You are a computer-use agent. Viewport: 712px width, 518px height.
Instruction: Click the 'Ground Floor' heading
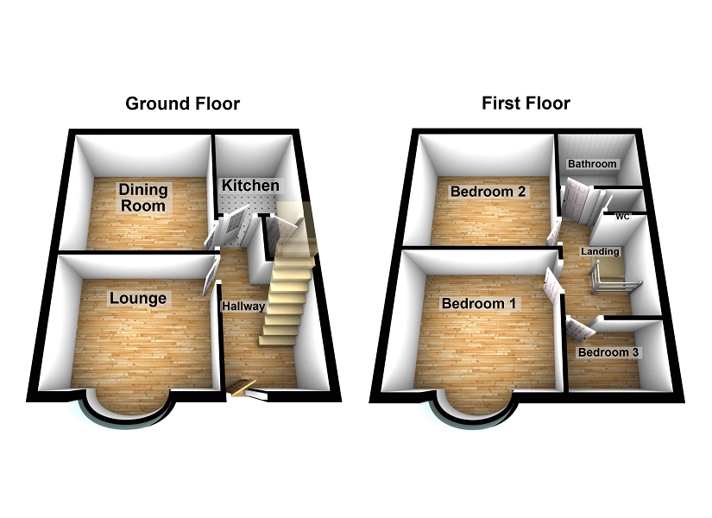[182, 104]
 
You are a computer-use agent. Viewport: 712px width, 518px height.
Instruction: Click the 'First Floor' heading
[526, 104]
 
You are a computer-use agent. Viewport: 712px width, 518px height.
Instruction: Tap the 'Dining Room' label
[144, 198]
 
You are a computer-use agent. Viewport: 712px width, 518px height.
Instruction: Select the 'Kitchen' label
[250, 186]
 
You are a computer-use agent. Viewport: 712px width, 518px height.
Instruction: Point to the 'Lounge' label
[138, 299]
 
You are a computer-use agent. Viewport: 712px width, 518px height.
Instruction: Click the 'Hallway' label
[243, 306]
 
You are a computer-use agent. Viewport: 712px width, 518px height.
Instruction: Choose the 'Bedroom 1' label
[479, 304]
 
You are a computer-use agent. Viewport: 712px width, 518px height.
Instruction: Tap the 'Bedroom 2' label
[488, 192]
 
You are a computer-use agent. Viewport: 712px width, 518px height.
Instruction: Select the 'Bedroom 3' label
[609, 353]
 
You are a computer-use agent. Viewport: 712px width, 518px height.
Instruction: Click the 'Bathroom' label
[591, 164]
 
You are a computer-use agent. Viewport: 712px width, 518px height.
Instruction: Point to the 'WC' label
[623, 218]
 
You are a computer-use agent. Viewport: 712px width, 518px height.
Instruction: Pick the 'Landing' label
[600, 251]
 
